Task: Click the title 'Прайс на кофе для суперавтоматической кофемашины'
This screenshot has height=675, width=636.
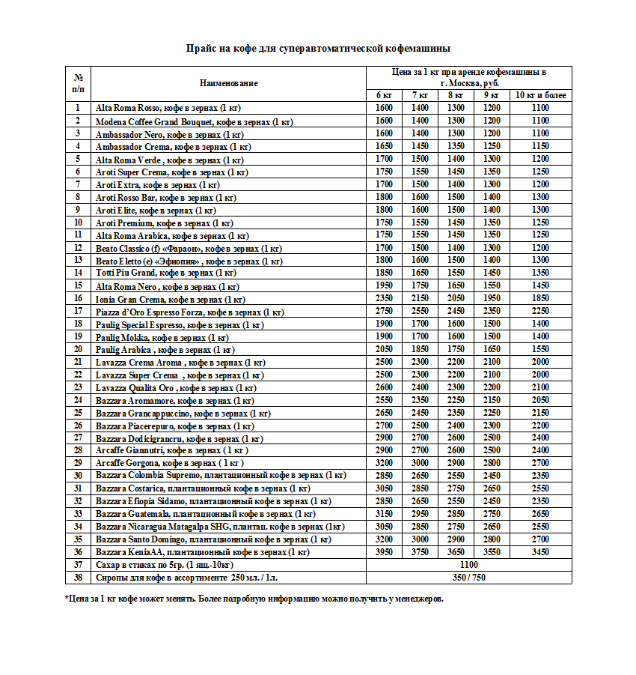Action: point(318,49)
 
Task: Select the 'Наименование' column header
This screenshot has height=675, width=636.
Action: point(228,83)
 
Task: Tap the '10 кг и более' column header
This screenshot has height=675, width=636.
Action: point(540,95)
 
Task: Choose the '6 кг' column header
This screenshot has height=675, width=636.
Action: point(384,95)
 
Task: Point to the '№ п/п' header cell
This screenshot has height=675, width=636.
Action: point(78,83)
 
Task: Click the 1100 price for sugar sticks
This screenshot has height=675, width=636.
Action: point(469,565)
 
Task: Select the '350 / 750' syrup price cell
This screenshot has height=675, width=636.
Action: point(469,578)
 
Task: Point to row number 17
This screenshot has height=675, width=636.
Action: point(78,312)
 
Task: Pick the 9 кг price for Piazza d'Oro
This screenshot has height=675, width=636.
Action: point(492,312)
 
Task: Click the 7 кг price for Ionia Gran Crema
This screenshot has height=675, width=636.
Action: point(420,299)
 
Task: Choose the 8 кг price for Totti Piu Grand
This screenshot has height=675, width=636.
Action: point(456,273)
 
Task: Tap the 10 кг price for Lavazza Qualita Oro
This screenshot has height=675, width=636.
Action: point(540,388)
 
